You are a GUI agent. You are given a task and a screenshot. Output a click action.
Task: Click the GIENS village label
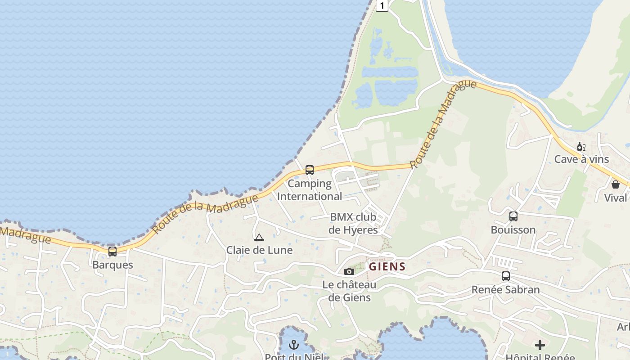(387, 266)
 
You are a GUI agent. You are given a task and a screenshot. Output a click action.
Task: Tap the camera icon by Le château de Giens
(349, 271)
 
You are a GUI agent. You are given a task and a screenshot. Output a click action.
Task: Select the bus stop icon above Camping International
(310, 170)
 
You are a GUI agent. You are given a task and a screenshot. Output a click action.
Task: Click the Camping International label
(310, 190)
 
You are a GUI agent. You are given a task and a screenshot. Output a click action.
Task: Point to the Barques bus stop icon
(112, 252)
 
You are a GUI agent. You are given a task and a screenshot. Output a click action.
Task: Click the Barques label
(112, 265)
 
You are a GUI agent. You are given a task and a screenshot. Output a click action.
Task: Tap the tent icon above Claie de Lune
(259, 237)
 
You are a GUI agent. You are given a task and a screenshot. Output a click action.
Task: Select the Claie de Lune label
(259, 250)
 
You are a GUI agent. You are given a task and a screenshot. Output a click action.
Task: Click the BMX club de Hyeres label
(353, 223)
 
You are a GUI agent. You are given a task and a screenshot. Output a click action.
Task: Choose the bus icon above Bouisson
(513, 216)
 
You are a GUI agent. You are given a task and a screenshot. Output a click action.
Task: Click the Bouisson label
(513, 229)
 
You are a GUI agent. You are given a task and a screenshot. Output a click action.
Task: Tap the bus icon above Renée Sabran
(506, 276)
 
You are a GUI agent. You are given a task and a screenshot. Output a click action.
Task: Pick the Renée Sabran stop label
(505, 289)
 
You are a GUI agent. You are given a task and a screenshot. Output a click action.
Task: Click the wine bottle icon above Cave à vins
(581, 147)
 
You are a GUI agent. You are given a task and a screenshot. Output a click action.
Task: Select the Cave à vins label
(581, 159)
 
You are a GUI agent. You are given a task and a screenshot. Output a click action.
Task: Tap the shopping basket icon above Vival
(616, 184)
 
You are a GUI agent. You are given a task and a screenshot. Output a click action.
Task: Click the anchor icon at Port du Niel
(294, 345)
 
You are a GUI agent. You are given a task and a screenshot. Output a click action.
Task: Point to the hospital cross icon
(540, 345)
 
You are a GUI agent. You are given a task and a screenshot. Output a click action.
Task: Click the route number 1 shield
(382, 5)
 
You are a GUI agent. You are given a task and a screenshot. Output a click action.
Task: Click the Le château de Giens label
(350, 291)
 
